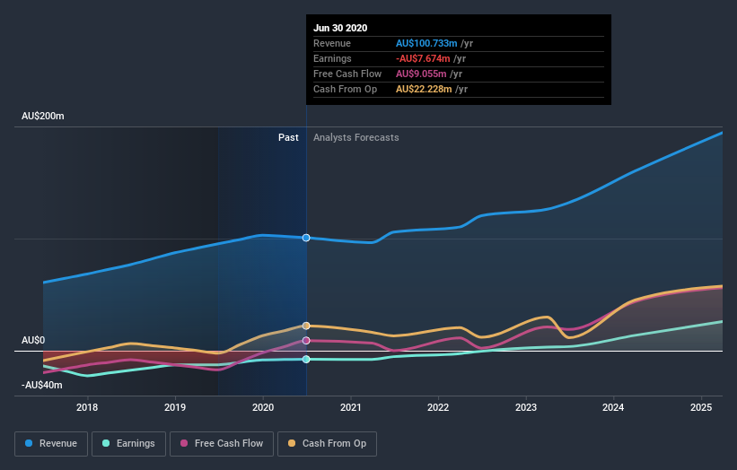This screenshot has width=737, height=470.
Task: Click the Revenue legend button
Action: point(51,443)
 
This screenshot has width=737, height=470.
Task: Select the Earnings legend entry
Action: point(128,443)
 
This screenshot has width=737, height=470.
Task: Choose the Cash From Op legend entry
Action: point(328,443)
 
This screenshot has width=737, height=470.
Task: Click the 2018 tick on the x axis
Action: point(88,407)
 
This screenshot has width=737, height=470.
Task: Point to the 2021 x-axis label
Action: point(351,407)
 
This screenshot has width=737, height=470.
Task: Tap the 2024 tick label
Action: point(614,407)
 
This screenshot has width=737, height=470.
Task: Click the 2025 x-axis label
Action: point(701,407)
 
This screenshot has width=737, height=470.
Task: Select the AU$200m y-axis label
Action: point(43,117)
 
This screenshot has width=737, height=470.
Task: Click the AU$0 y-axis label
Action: point(35,341)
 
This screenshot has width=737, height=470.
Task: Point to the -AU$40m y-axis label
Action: point(42,385)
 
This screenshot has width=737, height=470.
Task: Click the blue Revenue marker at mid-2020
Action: point(306,238)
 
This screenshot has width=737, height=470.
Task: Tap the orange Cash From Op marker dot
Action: point(306,326)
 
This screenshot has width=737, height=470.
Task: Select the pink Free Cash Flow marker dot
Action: point(306,341)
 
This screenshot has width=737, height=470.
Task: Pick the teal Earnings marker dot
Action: point(306,359)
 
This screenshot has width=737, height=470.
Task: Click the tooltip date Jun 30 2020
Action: point(340,28)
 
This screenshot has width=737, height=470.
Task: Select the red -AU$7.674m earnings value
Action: point(425,58)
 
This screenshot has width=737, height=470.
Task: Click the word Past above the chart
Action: point(288,137)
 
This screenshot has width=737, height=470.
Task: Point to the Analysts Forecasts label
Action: point(356,137)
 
